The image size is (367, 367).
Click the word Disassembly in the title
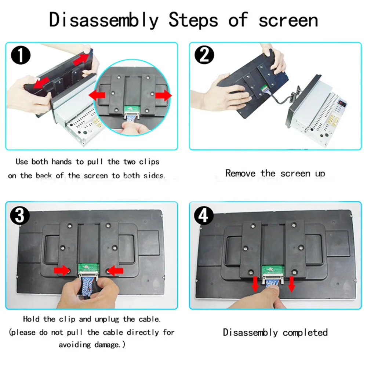[104, 20]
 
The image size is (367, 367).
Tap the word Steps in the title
[193, 20]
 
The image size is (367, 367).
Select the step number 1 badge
[21, 55]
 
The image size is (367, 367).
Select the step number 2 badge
[204, 55]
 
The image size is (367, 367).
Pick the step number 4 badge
[204, 216]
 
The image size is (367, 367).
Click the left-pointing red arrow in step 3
[115, 271]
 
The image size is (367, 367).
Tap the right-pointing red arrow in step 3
[62, 270]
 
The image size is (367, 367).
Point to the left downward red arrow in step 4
[255, 284]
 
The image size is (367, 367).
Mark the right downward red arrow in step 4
[292, 284]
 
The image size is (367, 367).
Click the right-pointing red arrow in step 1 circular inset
[163, 95]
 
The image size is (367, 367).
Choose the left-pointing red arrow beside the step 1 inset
[97, 95]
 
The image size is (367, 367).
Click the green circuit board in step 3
[88, 268]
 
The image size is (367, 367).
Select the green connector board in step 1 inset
[131, 109]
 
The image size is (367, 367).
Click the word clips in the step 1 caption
[149, 162]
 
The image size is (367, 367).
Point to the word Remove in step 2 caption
[240, 174]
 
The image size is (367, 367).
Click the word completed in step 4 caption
[305, 333]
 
